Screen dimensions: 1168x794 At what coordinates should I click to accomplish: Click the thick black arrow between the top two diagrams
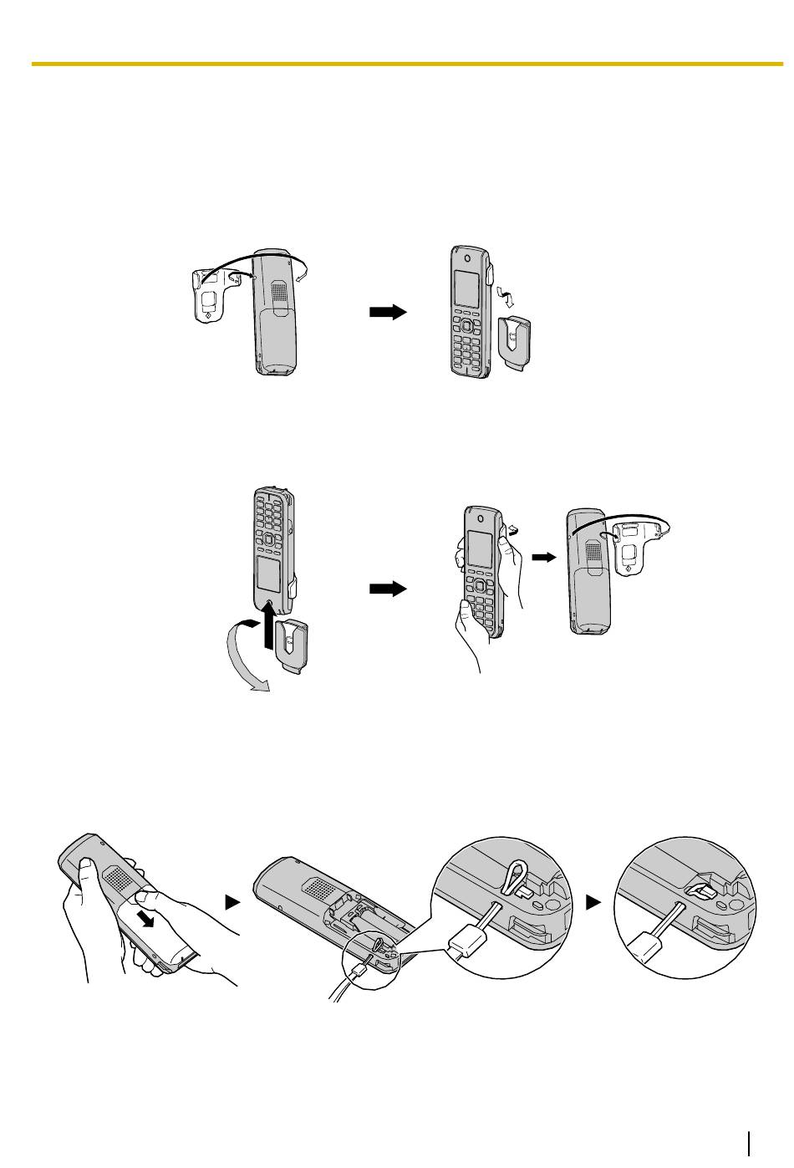point(387,312)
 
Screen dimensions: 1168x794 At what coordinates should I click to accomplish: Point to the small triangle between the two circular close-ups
point(593,902)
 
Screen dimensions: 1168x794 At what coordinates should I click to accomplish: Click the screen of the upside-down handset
point(267,578)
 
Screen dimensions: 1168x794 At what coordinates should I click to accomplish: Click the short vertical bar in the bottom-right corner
point(751,1143)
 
